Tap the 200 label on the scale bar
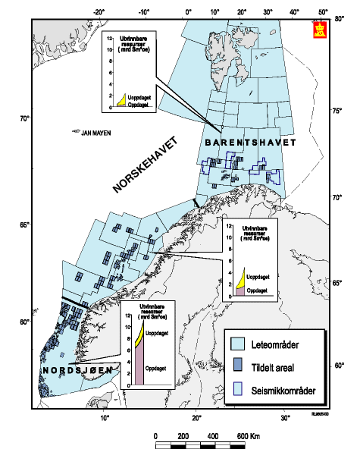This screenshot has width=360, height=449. click(x=183, y=437)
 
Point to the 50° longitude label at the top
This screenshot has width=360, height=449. click(x=322, y=12)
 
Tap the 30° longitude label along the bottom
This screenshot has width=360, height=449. click(x=285, y=419)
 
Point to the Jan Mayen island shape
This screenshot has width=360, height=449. click(x=76, y=130)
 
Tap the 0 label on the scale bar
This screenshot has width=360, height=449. click(x=155, y=437)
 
